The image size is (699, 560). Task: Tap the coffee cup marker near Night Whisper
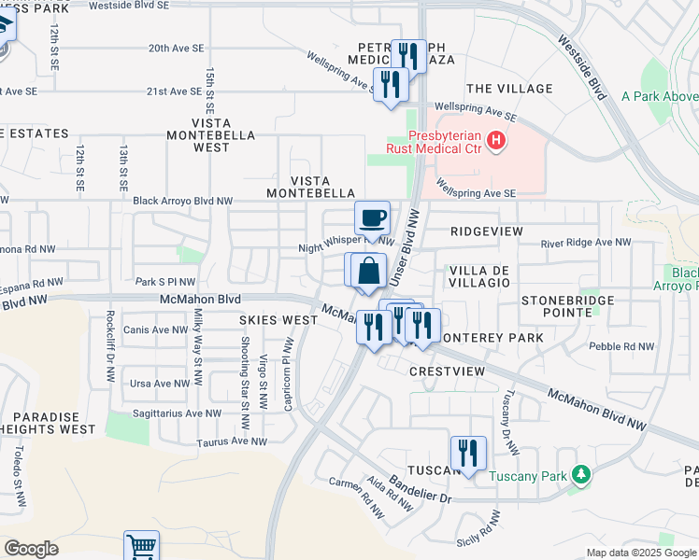click(372, 218)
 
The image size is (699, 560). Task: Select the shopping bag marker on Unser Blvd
click(370, 272)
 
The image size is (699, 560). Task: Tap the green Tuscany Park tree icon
click(581, 476)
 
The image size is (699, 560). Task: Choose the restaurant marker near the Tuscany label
click(467, 454)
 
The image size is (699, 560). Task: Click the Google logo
click(32, 548)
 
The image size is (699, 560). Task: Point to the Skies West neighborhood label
click(278, 320)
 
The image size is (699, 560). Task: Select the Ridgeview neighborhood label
click(486, 231)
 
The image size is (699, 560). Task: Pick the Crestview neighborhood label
click(447, 371)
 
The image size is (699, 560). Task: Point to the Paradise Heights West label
click(48, 422)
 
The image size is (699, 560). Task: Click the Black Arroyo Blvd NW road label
click(182, 201)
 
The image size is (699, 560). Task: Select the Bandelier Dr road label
click(421, 490)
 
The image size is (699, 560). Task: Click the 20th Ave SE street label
click(175, 49)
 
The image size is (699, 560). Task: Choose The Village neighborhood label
click(509, 89)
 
